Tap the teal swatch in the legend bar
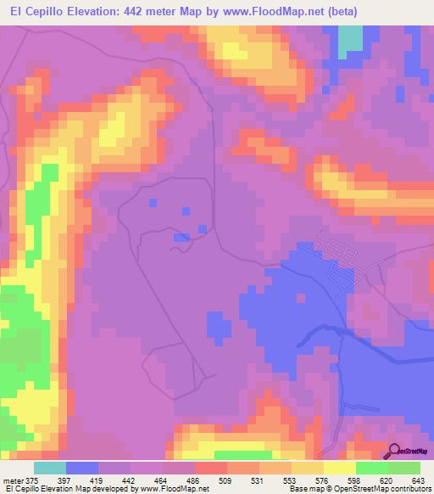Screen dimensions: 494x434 coord(50,468)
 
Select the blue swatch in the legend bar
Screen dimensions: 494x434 coord(82,468)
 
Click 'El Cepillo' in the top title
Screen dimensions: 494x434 coord(39,12)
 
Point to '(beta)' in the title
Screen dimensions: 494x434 coord(333,12)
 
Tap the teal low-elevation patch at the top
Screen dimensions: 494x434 coord(349,42)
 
